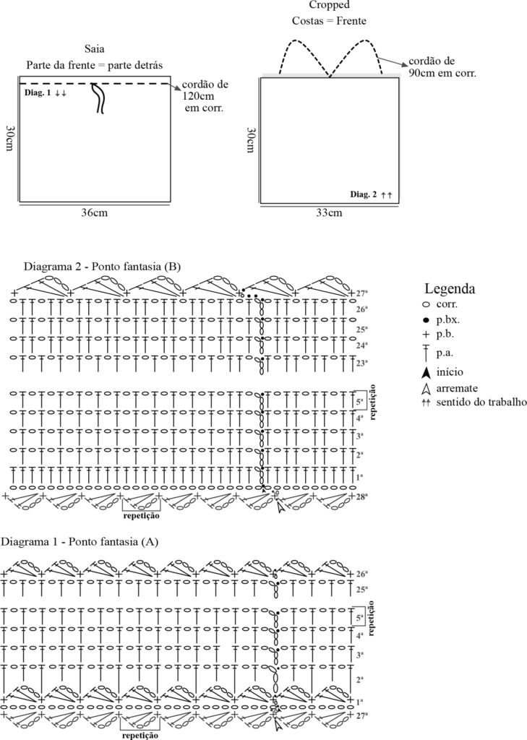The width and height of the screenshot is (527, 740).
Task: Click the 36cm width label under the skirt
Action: coord(95,213)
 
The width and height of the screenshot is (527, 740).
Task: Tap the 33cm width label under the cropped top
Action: coord(328,213)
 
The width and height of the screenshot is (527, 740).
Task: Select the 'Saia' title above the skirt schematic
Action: coord(95,49)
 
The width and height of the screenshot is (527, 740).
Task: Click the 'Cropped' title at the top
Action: coord(329,5)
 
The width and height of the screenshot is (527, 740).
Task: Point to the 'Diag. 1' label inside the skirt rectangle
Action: coord(37,94)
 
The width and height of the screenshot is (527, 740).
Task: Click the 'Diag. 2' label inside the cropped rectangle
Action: coord(364,194)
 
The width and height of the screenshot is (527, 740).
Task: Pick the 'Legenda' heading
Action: coord(449,288)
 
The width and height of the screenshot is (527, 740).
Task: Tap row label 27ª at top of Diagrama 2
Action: coord(362,293)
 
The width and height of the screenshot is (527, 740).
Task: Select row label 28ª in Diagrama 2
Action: coord(362,496)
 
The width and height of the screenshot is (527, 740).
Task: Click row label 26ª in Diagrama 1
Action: coord(362,574)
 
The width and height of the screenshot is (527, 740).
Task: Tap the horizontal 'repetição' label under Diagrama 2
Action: coord(141,516)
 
